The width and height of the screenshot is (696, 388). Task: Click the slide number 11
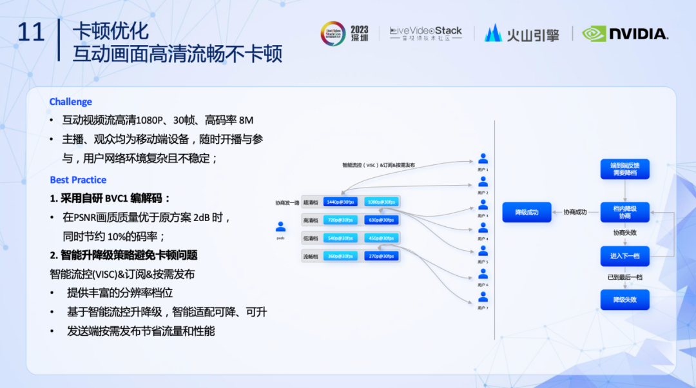pyautogui.click(x=30, y=32)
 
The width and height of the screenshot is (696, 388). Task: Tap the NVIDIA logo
pyautogui.click(x=624, y=34)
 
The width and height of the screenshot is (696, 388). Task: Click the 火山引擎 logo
pyautogui.click(x=521, y=34)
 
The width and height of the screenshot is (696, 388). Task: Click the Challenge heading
pyautogui.click(x=71, y=102)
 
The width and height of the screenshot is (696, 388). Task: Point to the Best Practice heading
pyautogui.click(x=78, y=180)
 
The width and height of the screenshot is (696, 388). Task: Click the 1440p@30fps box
pyautogui.click(x=340, y=202)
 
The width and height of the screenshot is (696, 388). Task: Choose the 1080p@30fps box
pyautogui.click(x=381, y=202)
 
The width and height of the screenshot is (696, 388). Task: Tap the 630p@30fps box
pyautogui.click(x=381, y=220)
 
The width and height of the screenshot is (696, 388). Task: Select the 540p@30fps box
pyautogui.click(x=340, y=238)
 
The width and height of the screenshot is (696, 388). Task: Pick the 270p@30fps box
pyautogui.click(x=381, y=256)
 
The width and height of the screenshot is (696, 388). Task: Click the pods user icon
pyautogui.click(x=280, y=227)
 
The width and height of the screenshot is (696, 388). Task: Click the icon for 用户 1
pyautogui.click(x=483, y=159)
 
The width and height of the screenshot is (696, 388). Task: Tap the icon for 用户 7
pyautogui.click(x=483, y=297)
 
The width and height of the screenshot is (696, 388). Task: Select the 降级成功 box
pyautogui.click(x=527, y=212)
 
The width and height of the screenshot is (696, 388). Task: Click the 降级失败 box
pyautogui.click(x=624, y=300)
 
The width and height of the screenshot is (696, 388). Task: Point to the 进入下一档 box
pyautogui.click(x=624, y=256)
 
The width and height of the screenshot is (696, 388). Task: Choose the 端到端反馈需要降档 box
pyautogui.click(x=624, y=169)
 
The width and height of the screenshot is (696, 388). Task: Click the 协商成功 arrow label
pyautogui.click(x=575, y=212)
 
